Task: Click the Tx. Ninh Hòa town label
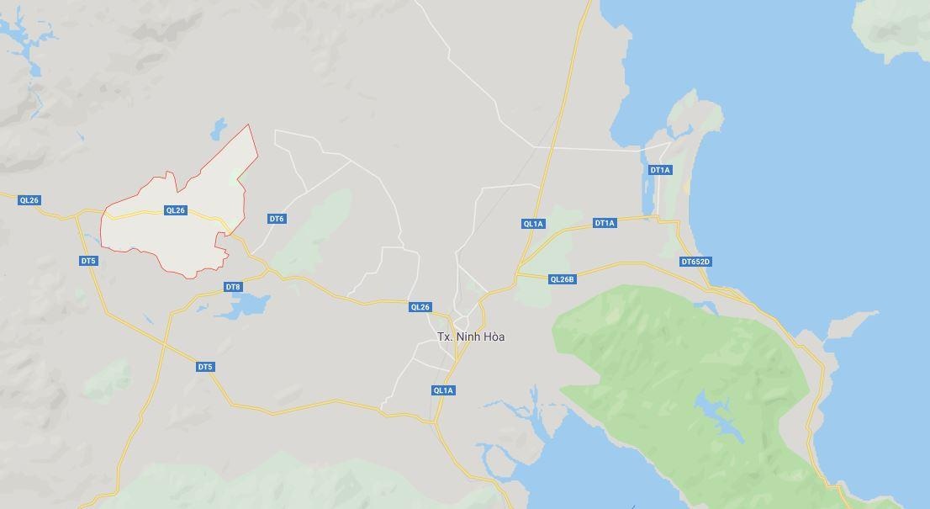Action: [x=471, y=337]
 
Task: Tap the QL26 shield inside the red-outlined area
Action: [x=175, y=210]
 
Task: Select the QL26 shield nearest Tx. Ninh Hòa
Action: [x=420, y=307]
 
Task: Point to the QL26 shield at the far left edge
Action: [x=29, y=200]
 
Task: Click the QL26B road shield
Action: [x=562, y=279]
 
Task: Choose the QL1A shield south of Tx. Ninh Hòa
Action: [x=443, y=390]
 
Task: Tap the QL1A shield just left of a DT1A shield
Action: [x=533, y=224]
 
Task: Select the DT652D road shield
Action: [x=695, y=262]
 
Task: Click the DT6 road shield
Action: [x=277, y=219]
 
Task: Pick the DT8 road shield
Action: [x=233, y=287]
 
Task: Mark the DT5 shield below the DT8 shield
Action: [x=205, y=367]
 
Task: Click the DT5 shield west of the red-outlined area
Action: [x=88, y=261]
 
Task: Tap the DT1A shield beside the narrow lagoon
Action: [x=660, y=170]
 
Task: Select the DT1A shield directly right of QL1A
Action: [x=605, y=223]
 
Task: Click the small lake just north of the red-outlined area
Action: [x=219, y=129]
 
